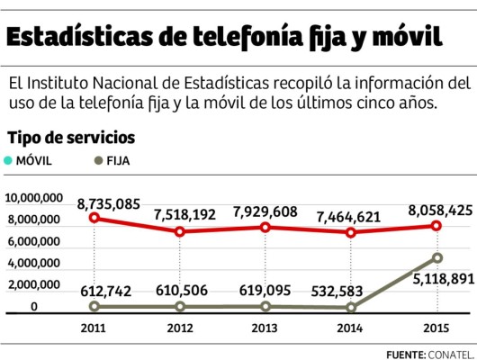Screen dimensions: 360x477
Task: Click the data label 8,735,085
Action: (x=109, y=203)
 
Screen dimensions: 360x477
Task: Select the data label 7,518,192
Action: (x=184, y=215)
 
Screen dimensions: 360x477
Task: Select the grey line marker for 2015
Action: (x=436, y=258)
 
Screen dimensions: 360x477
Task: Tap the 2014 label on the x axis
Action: (x=351, y=328)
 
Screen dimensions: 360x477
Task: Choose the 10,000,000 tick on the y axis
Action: (x=33, y=198)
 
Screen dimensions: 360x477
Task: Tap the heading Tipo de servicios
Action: (x=71, y=139)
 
